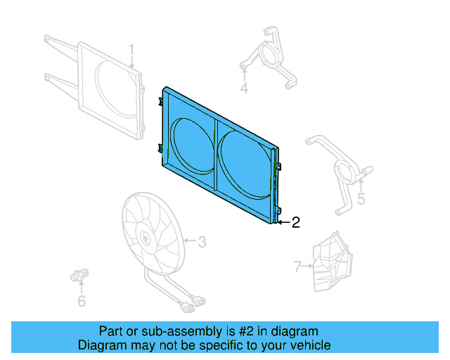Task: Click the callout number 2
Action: point(295,223)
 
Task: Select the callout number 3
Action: point(201,243)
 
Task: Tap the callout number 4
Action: point(244,88)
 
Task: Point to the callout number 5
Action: point(361,199)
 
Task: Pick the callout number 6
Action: point(82,301)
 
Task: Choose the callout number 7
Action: point(297,266)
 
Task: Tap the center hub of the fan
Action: point(144,237)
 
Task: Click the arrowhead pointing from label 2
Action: point(280,223)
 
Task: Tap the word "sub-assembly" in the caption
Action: point(159,331)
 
